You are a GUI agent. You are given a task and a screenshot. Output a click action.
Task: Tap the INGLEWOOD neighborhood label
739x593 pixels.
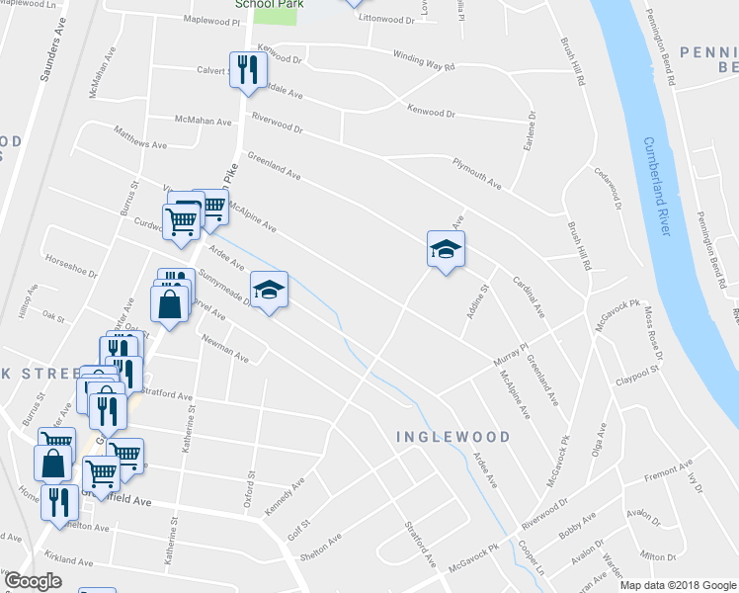(x=453, y=437)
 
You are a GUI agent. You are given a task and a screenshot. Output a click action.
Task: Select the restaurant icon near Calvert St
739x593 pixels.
(x=246, y=69)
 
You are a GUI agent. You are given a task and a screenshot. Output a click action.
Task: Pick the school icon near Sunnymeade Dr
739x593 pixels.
(x=269, y=290)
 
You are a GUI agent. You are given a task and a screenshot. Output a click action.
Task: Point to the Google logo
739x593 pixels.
(x=33, y=581)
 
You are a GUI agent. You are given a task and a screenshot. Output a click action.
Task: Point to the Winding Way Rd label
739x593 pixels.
(x=423, y=60)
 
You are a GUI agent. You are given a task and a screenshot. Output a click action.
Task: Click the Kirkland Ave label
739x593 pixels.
(x=68, y=559)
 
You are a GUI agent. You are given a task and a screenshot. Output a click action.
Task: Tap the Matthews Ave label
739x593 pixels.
(x=139, y=143)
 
